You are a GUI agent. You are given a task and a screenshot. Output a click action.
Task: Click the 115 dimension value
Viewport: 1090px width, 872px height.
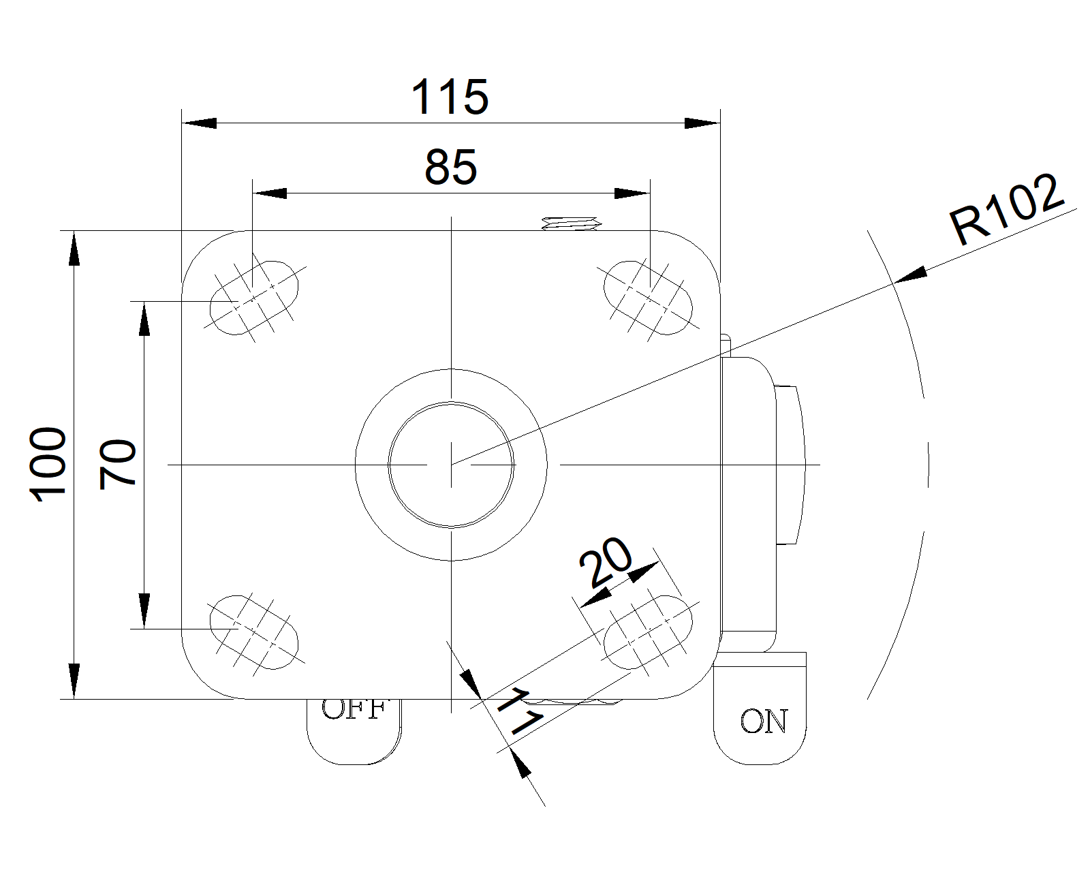[x=450, y=97]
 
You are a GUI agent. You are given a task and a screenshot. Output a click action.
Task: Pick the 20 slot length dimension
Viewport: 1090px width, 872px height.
[x=606, y=563]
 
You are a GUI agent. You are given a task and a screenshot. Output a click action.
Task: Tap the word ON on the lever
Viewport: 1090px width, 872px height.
[x=763, y=721]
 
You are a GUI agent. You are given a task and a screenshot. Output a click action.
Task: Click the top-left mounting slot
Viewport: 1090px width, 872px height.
[x=253, y=296]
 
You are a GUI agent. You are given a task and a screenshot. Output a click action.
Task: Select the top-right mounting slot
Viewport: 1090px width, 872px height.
[x=649, y=296]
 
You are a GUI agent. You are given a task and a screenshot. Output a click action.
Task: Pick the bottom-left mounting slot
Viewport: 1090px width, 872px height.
[x=253, y=629]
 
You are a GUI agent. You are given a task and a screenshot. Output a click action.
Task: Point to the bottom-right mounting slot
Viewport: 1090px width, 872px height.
[x=649, y=629]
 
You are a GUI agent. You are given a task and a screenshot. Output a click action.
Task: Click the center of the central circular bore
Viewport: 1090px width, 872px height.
[x=451, y=465]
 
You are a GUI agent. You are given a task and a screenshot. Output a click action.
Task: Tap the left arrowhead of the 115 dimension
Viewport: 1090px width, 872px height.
[x=199, y=123]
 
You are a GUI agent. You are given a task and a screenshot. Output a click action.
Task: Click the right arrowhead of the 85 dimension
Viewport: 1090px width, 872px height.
[x=632, y=193]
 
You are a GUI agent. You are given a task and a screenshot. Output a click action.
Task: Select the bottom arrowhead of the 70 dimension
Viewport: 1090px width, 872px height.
[x=144, y=610]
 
